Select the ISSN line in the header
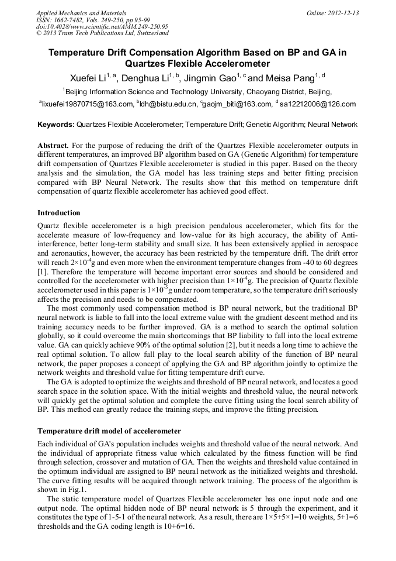tap(92, 19)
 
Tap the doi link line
tap(102, 26)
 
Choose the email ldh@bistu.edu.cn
tap(169, 104)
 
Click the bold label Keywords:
tap(56, 125)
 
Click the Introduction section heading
tap(59, 213)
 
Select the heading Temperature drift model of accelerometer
tap(109, 431)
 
